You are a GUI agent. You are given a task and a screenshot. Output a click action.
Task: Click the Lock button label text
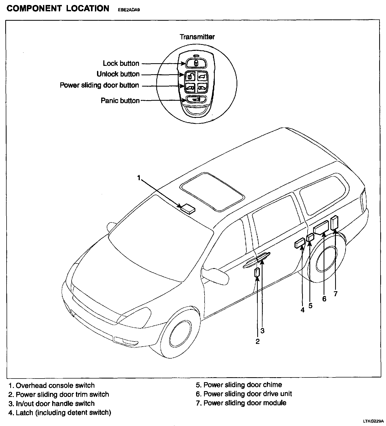[121, 63]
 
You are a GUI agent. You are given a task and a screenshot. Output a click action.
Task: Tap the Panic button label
[120, 101]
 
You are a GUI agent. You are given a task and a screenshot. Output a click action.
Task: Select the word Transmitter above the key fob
[197, 37]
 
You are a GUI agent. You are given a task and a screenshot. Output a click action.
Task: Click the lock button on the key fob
[195, 63]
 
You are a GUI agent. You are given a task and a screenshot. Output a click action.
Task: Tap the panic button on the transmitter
[196, 99]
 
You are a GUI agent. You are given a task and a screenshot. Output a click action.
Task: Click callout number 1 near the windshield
[139, 178]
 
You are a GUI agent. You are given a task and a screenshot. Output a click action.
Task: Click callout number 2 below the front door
[258, 341]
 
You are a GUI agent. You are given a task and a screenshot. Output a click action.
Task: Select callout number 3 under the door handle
[262, 331]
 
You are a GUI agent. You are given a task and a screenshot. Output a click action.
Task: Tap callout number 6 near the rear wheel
[324, 299]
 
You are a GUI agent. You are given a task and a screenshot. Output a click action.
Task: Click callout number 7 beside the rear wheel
[336, 294]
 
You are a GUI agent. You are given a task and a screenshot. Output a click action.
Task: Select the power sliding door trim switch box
[257, 273]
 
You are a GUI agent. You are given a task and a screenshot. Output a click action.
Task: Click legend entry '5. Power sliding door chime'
[239, 385]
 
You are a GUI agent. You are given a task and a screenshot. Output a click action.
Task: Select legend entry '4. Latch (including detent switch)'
[60, 413]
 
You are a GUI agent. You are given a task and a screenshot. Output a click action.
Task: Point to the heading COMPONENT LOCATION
[58, 8]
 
